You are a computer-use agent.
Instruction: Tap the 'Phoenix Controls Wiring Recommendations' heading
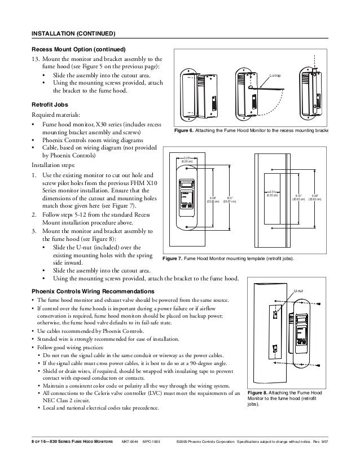(95, 290)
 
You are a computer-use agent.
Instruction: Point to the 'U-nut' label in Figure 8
(299, 292)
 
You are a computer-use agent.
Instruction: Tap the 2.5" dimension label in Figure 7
(272, 194)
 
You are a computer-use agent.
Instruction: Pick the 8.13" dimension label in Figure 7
(300, 197)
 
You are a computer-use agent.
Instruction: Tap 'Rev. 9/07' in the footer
(335, 439)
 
